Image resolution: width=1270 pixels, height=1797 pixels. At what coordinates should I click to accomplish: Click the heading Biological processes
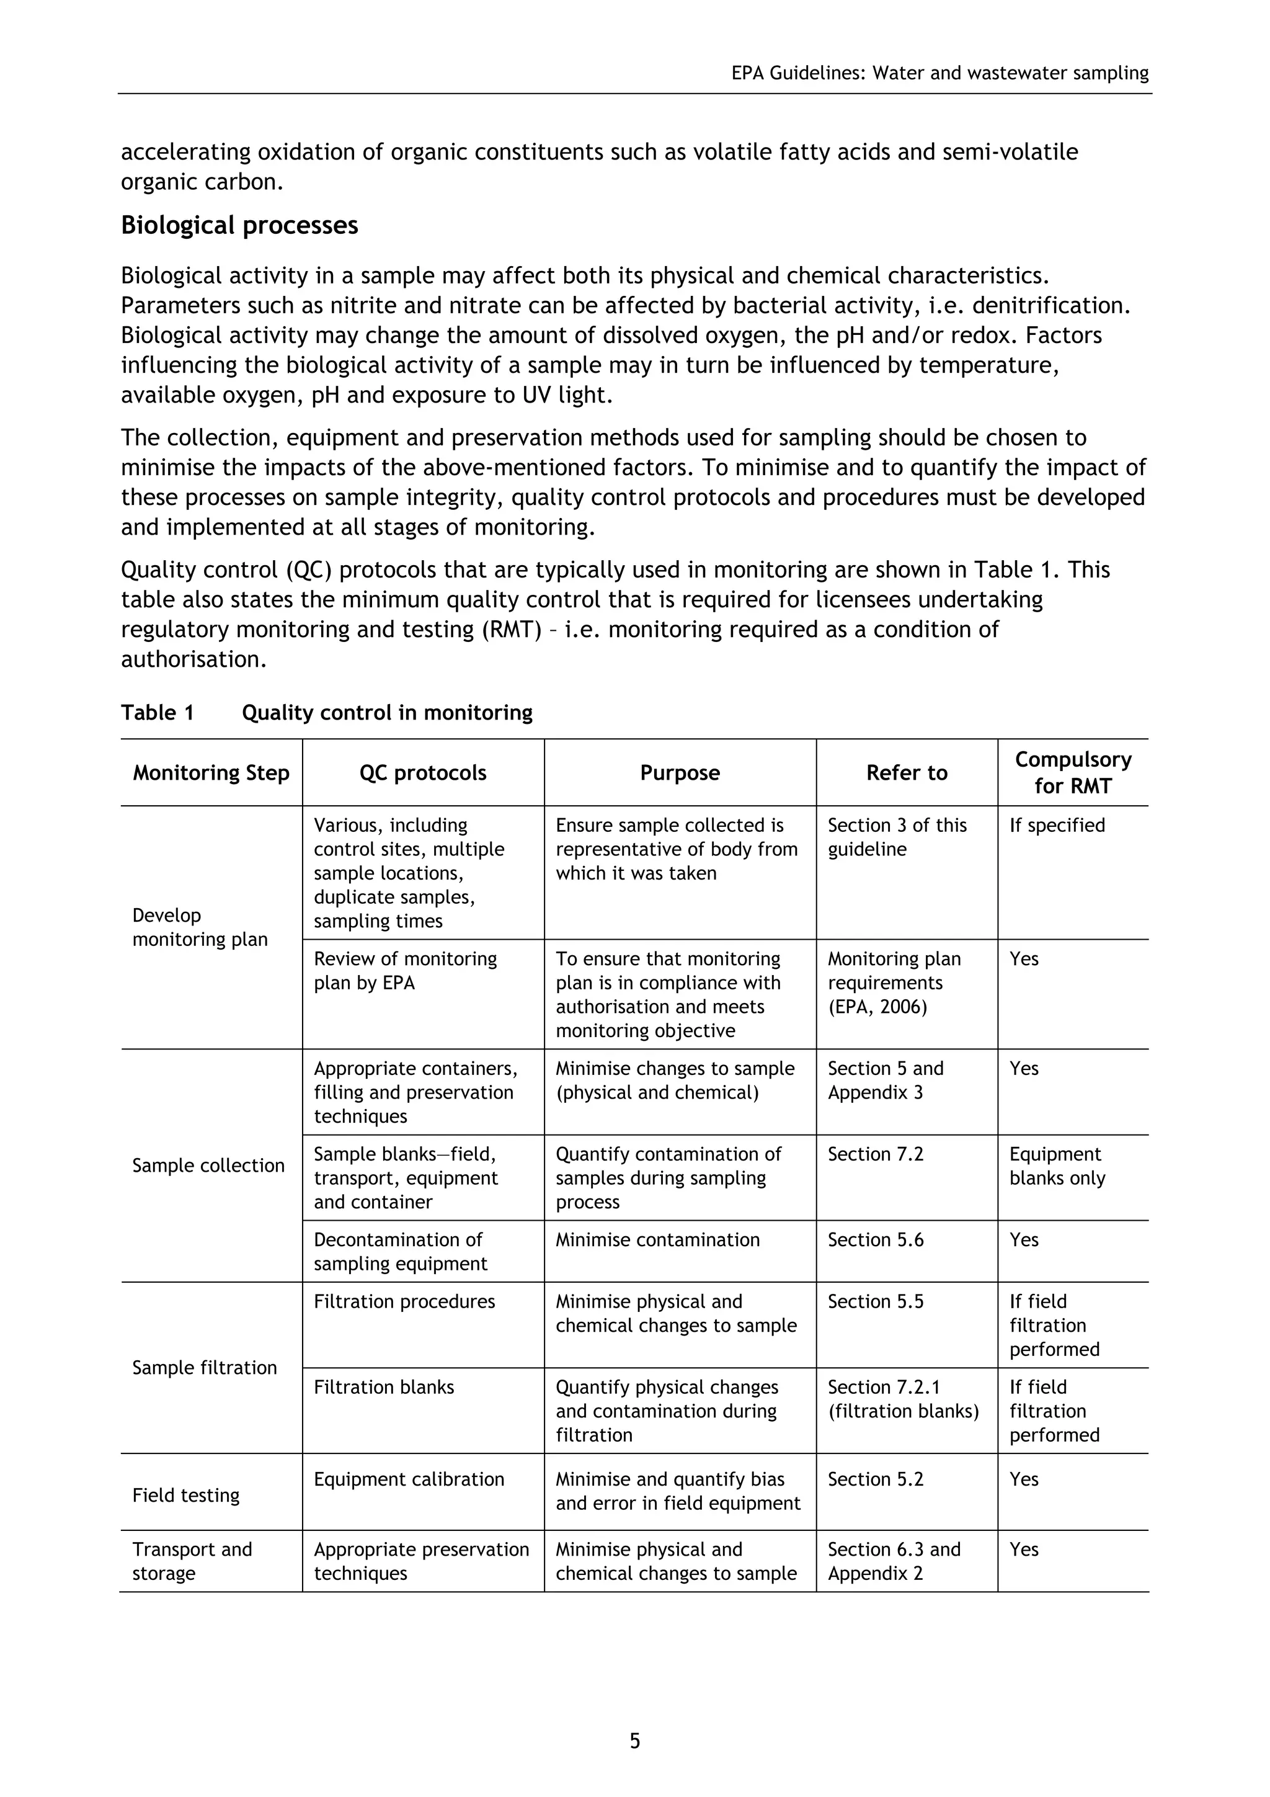coord(239,225)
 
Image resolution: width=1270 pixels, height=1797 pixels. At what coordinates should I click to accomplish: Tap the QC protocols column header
coord(422,772)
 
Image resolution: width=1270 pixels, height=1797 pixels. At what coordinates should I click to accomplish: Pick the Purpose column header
coord(679,772)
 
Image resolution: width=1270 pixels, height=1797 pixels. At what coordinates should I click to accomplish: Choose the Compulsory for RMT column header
coord(1073,772)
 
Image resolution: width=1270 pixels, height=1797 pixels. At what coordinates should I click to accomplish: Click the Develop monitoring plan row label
coord(200,927)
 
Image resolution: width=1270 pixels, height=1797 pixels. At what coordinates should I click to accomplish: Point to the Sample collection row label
coord(208,1166)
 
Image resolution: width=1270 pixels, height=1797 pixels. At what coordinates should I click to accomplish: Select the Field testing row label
coord(185,1495)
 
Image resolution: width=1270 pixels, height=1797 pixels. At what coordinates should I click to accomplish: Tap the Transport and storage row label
coord(192,1561)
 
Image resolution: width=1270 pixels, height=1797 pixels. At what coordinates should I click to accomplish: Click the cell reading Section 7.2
coord(876,1154)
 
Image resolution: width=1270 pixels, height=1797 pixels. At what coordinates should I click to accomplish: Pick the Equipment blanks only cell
coord(1057,1166)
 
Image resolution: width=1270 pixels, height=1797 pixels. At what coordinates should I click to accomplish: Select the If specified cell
coord(1057,826)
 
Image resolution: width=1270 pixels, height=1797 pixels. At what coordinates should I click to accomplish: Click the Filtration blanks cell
coord(383,1388)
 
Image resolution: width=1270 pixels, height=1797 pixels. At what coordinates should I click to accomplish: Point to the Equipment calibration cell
coord(409,1479)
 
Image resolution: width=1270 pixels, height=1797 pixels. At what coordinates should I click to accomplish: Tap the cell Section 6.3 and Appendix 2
coord(894,1561)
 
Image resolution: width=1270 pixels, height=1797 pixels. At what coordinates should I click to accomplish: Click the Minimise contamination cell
coord(657,1240)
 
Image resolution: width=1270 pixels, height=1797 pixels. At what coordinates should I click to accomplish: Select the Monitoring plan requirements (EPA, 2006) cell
coord(894,983)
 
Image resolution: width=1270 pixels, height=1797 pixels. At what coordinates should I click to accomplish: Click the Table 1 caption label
coord(158,713)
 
